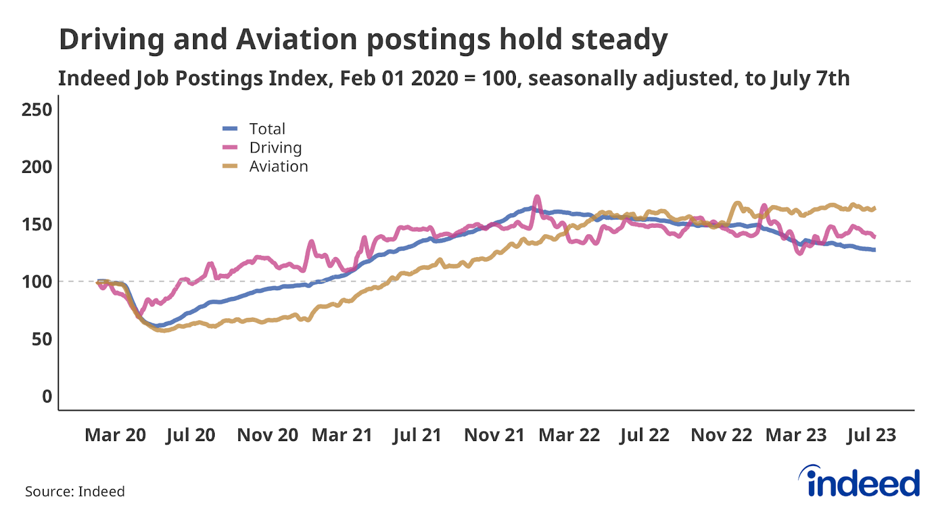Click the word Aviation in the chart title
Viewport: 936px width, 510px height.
click(x=297, y=40)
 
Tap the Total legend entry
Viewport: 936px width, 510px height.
click(x=267, y=129)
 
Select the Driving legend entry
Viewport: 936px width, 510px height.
click(x=275, y=148)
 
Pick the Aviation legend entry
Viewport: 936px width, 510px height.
click(x=278, y=166)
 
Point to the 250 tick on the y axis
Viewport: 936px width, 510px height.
click(x=37, y=110)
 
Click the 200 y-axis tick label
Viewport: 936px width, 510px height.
click(x=37, y=167)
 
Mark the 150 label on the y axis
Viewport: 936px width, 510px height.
click(x=37, y=224)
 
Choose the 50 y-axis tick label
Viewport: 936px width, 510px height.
click(x=42, y=339)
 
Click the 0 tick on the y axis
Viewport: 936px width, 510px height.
click(x=47, y=396)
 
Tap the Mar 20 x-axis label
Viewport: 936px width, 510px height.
click(x=115, y=435)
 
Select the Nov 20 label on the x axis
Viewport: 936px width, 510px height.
click(x=267, y=435)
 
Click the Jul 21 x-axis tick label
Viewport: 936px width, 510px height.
click(x=417, y=435)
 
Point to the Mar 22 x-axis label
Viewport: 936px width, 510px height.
click(x=569, y=435)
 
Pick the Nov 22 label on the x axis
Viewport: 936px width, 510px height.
click(x=721, y=435)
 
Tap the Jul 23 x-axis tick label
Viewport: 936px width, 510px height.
click(x=872, y=435)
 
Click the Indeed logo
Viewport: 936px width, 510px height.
click(x=860, y=482)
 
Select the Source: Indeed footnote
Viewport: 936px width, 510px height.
click(x=75, y=491)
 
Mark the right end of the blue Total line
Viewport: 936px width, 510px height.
click(x=874, y=250)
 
